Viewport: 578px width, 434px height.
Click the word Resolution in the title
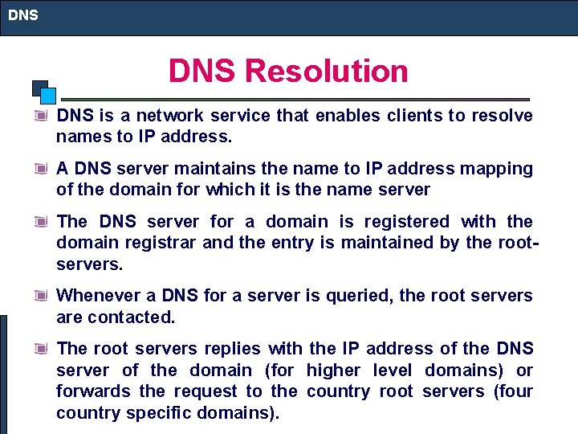(x=327, y=71)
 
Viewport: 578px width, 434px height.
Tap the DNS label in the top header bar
(x=23, y=14)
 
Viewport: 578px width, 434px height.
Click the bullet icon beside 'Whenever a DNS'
(x=41, y=295)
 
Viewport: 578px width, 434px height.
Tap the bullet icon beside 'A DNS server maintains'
(x=41, y=168)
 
